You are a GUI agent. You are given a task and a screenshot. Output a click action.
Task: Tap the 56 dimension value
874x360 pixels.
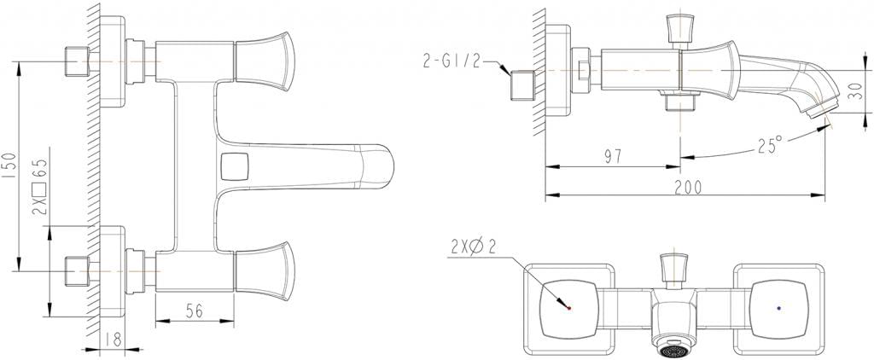[x=195, y=311]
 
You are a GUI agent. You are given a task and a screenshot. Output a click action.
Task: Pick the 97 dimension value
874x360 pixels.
[x=613, y=155]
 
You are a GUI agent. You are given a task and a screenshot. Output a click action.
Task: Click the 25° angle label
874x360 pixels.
[x=768, y=145]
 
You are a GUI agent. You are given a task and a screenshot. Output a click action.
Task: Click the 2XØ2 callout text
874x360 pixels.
[x=470, y=247]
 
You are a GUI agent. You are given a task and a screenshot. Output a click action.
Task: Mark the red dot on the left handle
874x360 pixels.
[x=568, y=308]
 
